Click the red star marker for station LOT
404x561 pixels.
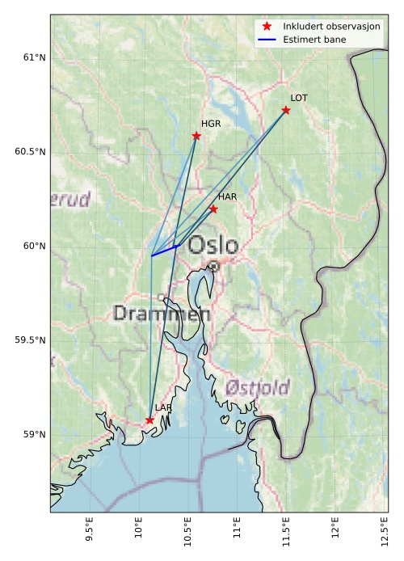tap(286, 110)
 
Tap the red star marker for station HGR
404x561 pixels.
tap(196, 136)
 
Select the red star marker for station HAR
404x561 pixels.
tap(213, 209)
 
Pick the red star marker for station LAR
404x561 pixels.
tap(149, 420)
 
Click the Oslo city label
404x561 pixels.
tap(213, 245)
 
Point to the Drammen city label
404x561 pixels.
tap(162, 314)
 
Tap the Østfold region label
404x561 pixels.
tap(257, 387)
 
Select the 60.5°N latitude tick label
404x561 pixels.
tap(31, 152)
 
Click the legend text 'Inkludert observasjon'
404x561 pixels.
tap(331, 27)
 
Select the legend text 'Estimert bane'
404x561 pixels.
tap(314, 39)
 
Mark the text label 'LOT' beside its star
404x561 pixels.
tap(299, 98)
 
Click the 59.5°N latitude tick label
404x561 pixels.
tap(31, 340)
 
